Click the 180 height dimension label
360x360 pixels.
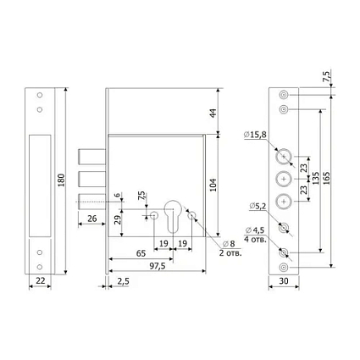61,180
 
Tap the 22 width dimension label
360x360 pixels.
41,280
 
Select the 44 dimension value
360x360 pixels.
213,113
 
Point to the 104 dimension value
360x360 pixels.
213,185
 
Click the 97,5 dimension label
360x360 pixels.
158,266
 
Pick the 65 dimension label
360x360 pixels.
141,253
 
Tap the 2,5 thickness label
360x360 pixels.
123,281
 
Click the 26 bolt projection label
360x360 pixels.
92,219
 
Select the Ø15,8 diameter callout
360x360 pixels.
255,135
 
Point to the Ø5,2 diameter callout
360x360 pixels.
258,207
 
